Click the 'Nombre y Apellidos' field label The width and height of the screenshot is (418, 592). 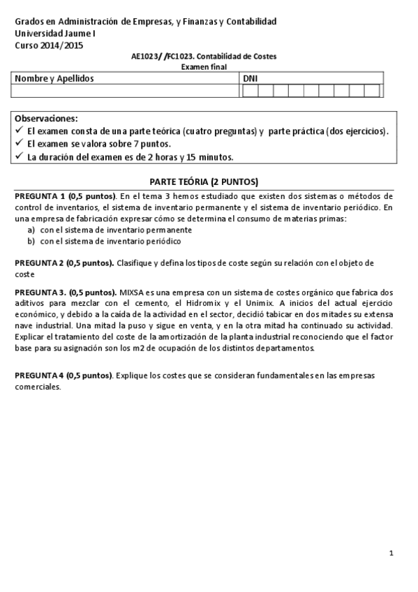(x=54, y=79)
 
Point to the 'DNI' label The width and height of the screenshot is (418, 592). (x=250, y=79)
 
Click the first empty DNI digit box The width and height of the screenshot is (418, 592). (x=249, y=90)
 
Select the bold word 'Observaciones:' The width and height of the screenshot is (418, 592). (x=47, y=119)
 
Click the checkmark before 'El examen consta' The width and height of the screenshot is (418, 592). (x=19, y=131)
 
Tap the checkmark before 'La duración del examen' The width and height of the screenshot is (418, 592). (x=19, y=157)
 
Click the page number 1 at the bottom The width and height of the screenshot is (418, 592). (x=392, y=554)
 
